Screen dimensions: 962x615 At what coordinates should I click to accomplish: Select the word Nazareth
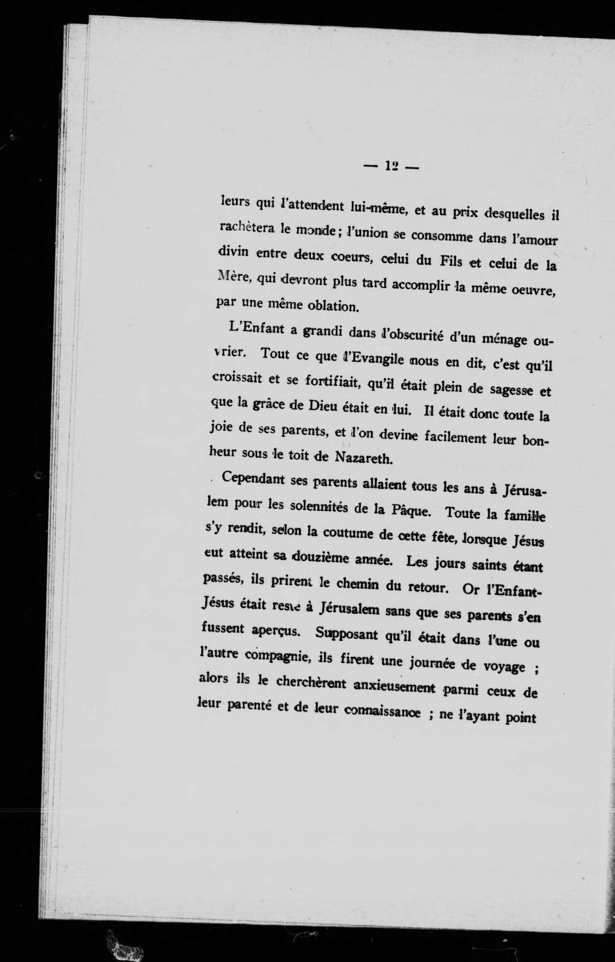(364, 458)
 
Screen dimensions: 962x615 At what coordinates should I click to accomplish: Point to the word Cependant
(253, 479)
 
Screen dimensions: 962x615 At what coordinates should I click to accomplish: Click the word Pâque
(409, 511)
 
